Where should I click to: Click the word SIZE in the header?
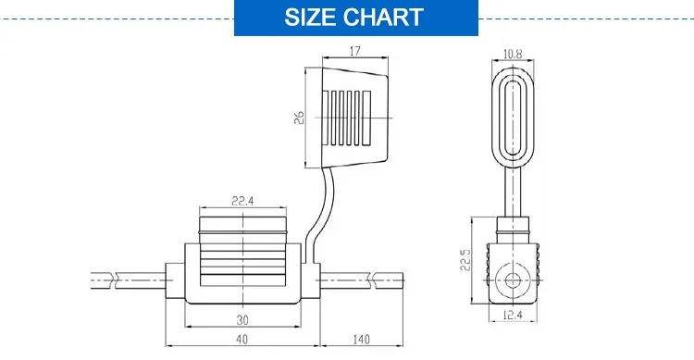[310, 18]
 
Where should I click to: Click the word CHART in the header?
[383, 18]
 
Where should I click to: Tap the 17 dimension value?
[355, 52]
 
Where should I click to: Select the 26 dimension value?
[299, 118]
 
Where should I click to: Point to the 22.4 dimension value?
[242, 201]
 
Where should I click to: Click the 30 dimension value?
[242, 319]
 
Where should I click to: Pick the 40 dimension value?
[242, 340]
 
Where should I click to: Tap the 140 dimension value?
[361, 340]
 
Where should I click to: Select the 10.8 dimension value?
[513, 54]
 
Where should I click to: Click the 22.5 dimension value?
[465, 260]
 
